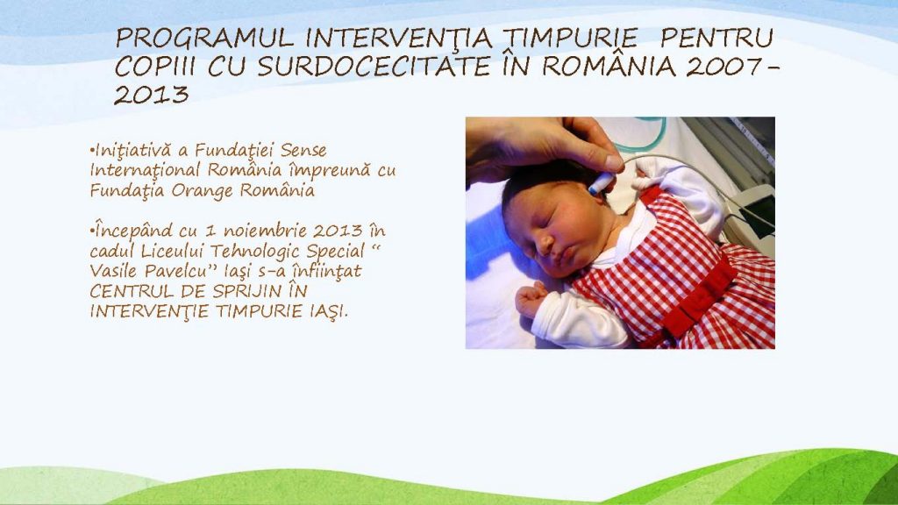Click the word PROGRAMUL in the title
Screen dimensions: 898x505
tap(203, 39)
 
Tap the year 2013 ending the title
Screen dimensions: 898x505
tap(151, 95)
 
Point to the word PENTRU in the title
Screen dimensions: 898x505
tap(716, 39)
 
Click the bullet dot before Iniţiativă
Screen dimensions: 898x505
tap(91, 151)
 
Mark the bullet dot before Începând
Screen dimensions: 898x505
tap(91, 231)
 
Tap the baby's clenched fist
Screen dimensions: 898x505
tap(531, 298)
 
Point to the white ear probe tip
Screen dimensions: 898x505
tap(601, 182)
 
